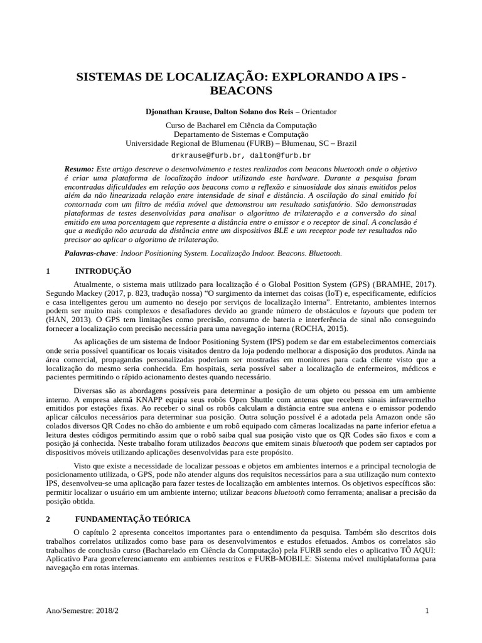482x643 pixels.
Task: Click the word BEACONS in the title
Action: click(x=241, y=91)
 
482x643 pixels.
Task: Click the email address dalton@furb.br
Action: click(x=281, y=155)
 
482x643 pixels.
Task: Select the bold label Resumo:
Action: click(x=79, y=170)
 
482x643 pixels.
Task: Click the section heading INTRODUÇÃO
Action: click(x=103, y=271)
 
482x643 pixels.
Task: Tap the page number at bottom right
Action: click(x=427, y=611)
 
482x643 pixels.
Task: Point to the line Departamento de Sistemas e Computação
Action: click(x=241, y=134)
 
